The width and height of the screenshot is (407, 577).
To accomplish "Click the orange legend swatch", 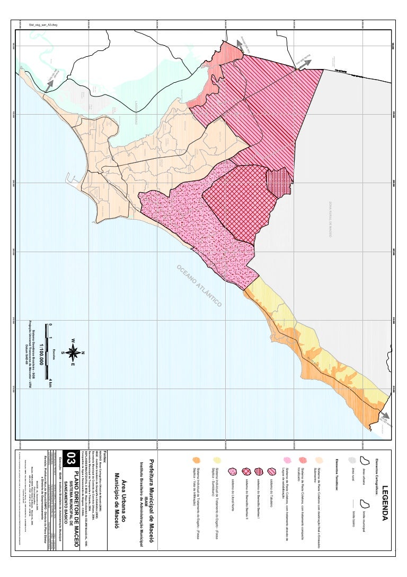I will (197, 460).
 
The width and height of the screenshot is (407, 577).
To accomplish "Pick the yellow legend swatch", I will (216, 460).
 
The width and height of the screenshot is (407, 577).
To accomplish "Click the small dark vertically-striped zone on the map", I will (278, 183).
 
